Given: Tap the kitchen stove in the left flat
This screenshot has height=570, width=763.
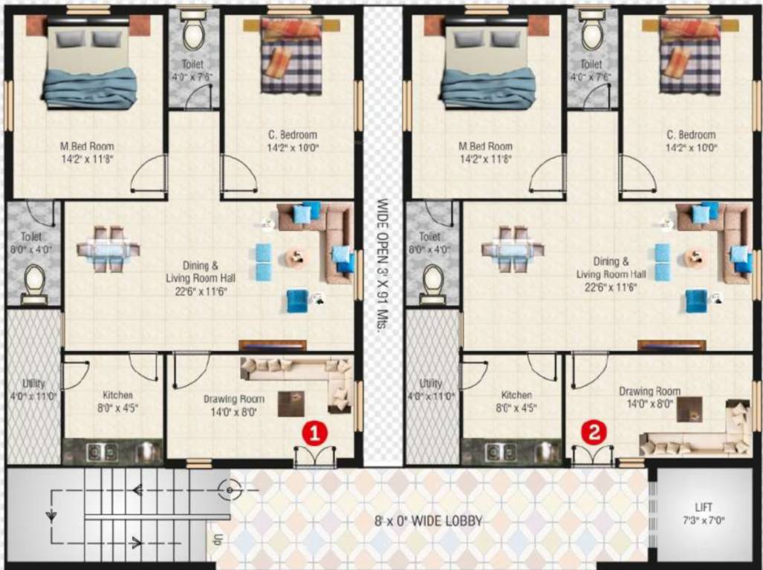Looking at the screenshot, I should pyautogui.click(x=97, y=451).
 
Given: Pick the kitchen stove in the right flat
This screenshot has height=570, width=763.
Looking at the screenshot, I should pyautogui.click(x=495, y=451).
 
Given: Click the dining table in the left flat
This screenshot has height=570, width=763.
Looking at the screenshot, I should pyautogui.click(x=109, y=249).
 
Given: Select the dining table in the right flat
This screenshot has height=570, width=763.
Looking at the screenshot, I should pyautogui.click(x=508, y=249).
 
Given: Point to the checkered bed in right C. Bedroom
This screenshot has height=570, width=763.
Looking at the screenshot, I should pyautogui.click(x=690, y=56).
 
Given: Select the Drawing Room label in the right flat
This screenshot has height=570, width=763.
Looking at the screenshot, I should pyautogui.click(x=649, y=397).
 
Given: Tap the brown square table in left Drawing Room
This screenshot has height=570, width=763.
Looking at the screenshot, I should pyautogui.click(x=291, y=404).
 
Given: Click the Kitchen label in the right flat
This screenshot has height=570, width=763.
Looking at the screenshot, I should pyautogui.click(x=516, y=401).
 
